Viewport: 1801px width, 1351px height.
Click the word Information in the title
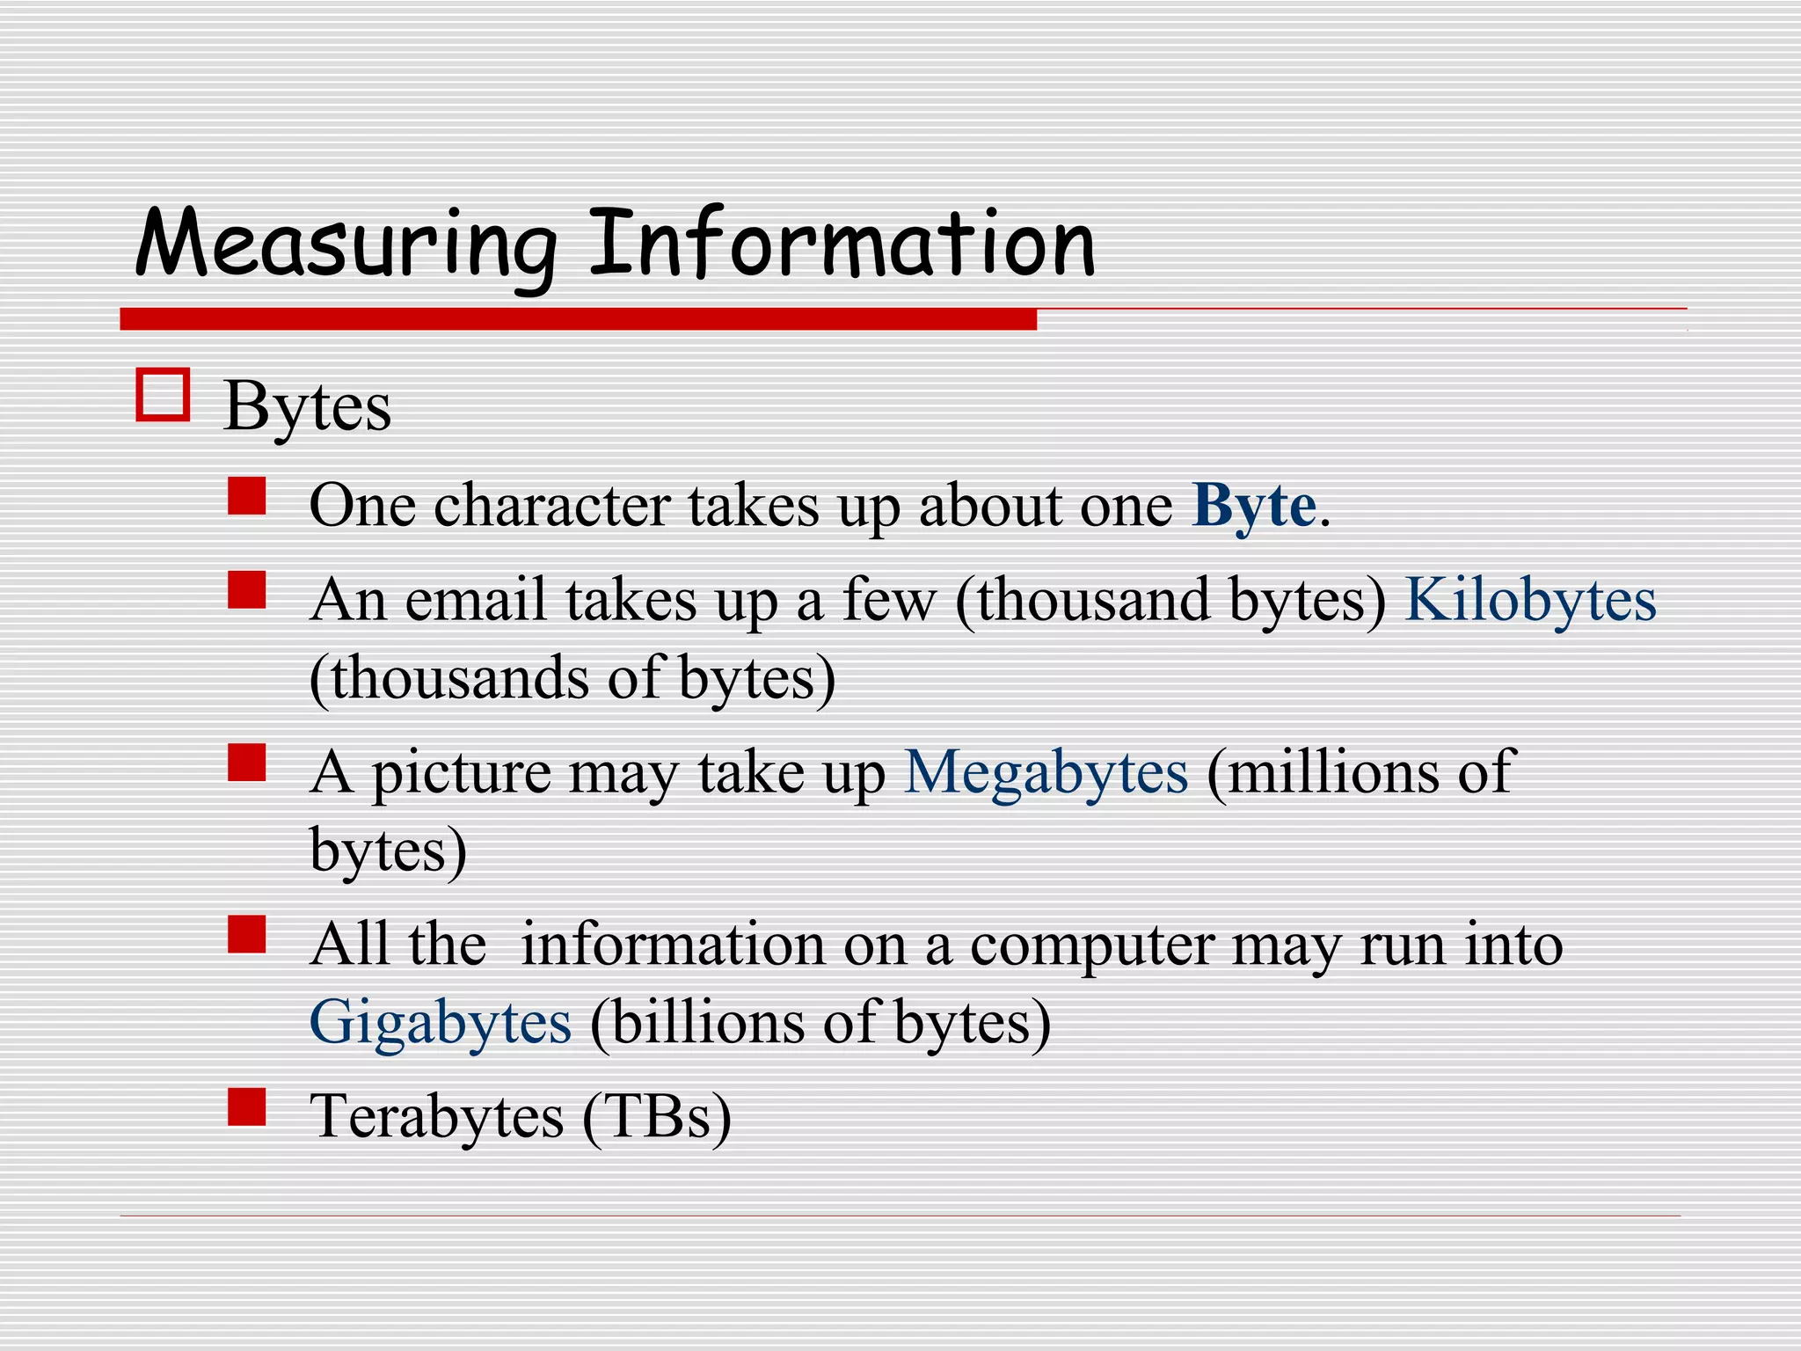click(x=842, y=243)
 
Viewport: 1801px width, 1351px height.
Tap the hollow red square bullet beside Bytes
click(x=163, y=395)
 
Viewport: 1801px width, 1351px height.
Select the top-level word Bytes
click(x=307, y=407)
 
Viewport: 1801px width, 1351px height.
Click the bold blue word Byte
click(x=1254, y=507)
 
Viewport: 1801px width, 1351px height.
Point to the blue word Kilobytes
click(x=1530, y=600)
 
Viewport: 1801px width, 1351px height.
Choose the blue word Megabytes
click(x=1046, y=772)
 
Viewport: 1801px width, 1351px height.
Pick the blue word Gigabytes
click(x=441, y=1023)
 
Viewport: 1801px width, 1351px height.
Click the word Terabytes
click(x=436, y=1116)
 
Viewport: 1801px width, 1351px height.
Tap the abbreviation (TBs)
click(x=656, y=1117)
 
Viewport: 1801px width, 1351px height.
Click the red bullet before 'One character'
click(x=246, y=496)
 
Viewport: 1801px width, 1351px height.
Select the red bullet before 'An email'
click(x=246, y=590)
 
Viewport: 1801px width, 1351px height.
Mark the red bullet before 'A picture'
click(x=246, y=763)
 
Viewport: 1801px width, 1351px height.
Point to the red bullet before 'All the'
click(x=246, y=934)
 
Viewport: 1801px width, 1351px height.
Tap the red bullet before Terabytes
click(x=246, y=1107)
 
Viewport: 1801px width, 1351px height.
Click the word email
click(x=476, y=600)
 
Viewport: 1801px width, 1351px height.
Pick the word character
click(x=551, y=507)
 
